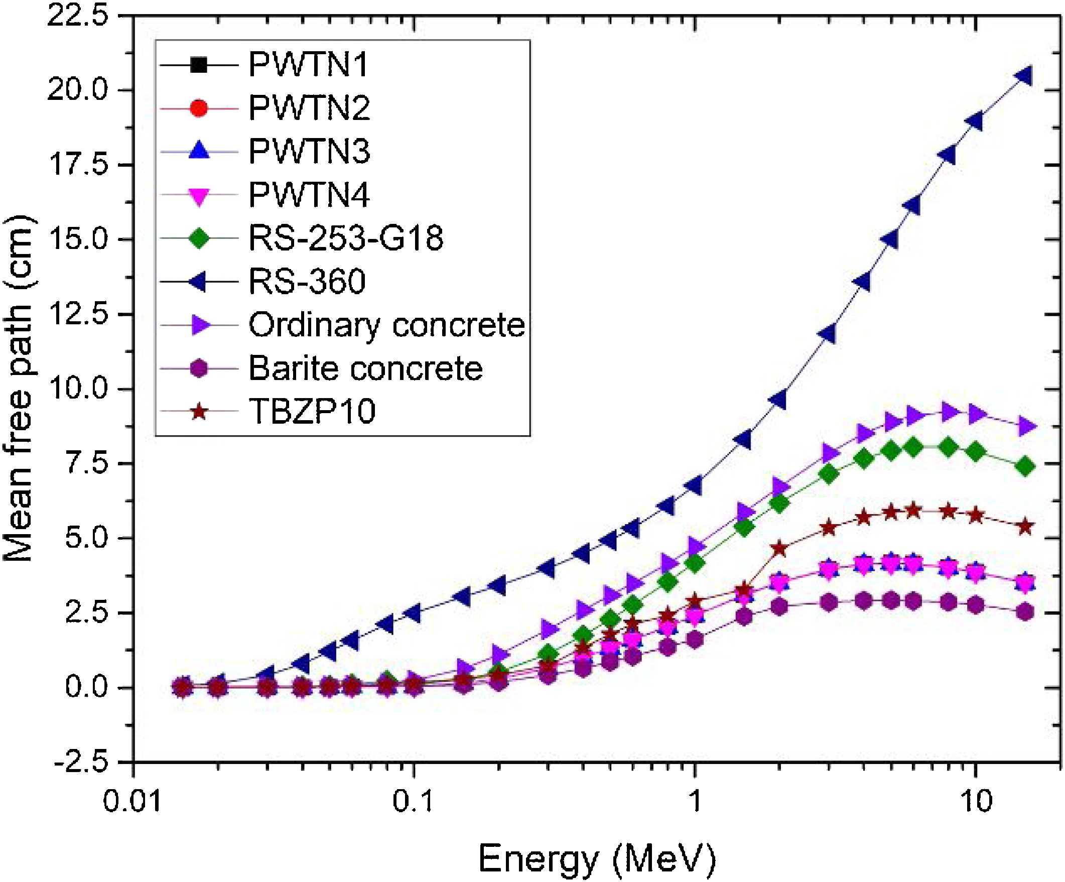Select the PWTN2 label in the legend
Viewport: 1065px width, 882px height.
[x=309, y=108]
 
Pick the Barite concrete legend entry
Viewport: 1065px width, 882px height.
[x=365, y=368]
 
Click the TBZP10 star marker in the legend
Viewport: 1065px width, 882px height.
[x=199, y=411]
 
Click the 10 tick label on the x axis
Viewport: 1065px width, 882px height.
[x=976, y=803]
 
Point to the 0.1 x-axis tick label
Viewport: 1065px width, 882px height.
[x=415, y=803]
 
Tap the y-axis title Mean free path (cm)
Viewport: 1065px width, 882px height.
[x=18, y=389]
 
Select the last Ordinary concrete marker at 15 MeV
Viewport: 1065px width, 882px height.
[x=1025, y=427]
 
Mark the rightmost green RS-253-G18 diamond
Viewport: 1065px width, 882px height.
[x=1025, y=467]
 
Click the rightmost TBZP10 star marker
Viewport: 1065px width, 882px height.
[x=1025, y=527]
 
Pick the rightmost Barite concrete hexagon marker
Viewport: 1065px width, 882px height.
[x=1025, y=612]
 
